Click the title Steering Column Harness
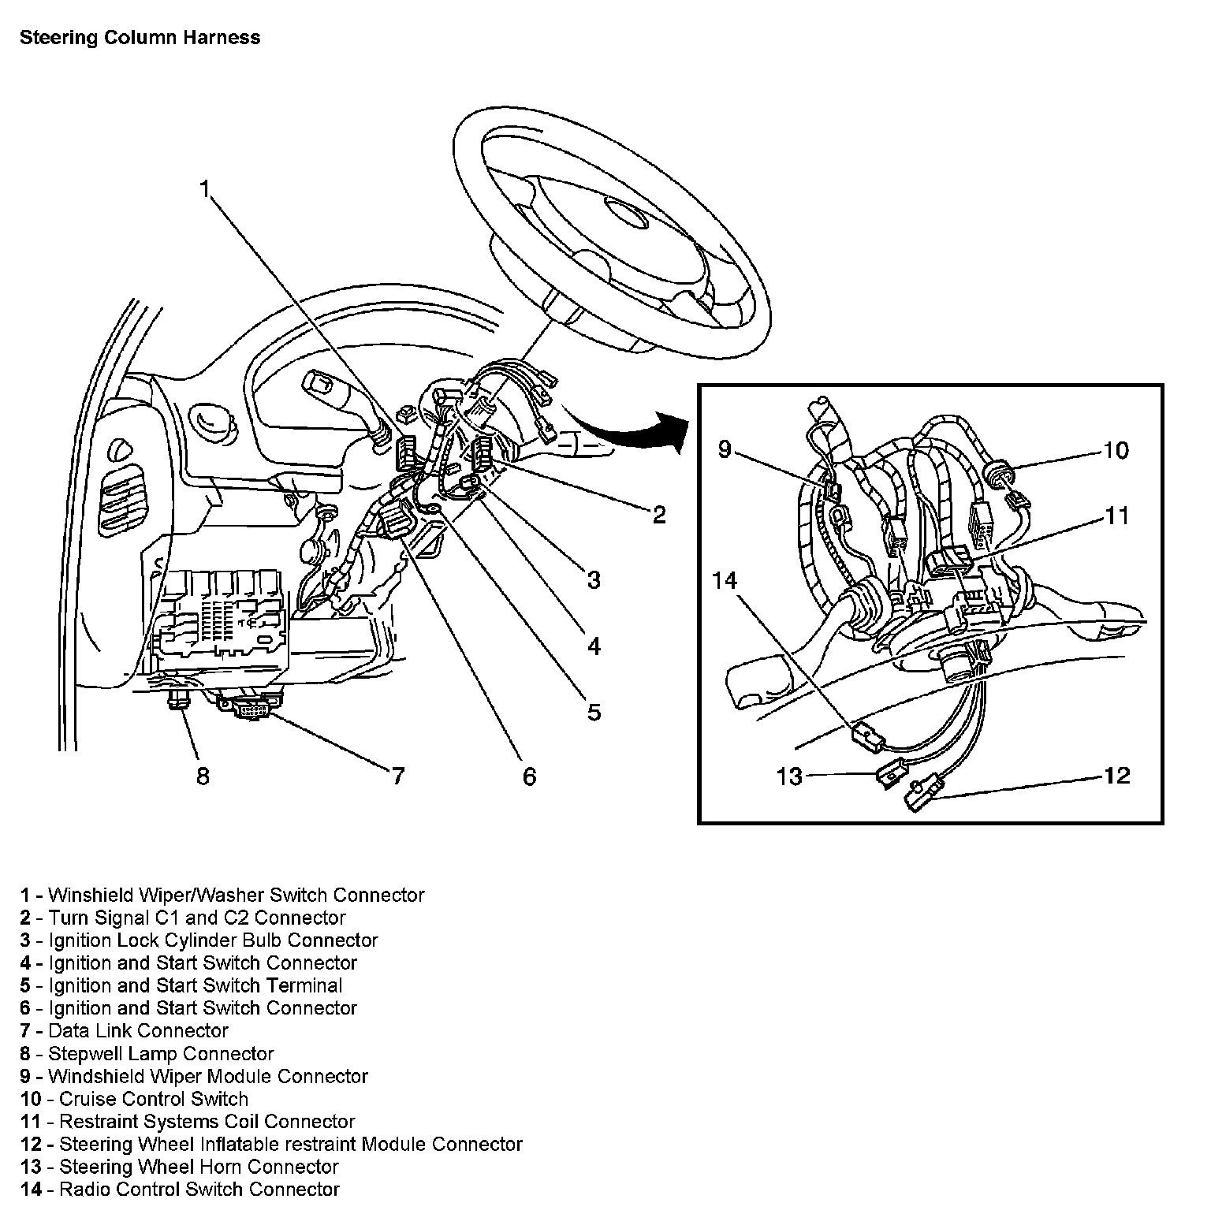140,38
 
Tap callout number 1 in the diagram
205,190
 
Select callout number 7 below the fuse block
398,776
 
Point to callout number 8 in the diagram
203,776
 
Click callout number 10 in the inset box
1116,451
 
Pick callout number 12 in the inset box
1116,776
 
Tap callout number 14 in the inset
724,581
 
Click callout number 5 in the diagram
594,712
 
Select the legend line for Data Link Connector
125,1030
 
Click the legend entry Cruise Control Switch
134,1099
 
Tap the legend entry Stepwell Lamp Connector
147,1053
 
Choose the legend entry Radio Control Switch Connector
180,1190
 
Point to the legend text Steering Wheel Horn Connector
180,1167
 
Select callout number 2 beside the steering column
659,515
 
